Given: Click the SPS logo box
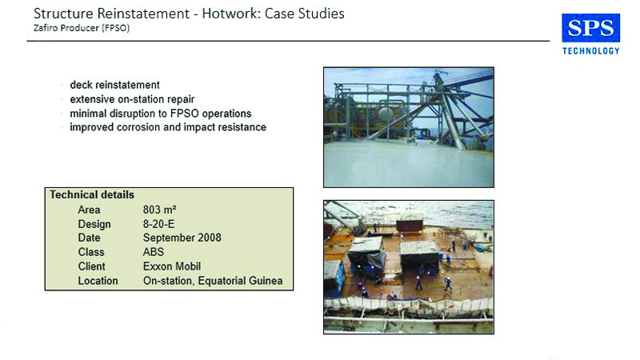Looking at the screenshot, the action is tap(590, 28).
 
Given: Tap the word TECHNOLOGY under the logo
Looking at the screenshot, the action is tap(590, 51).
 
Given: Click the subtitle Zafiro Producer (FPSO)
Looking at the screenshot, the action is tap(82, 28).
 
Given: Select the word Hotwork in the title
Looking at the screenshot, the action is tap(230, 14).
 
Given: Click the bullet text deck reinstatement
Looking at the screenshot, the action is tap(114, 85).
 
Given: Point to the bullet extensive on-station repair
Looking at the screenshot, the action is tap(132, 99).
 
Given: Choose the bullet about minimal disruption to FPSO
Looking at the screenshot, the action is tap(161, 114).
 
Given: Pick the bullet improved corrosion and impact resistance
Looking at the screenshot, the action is tap(168, 127).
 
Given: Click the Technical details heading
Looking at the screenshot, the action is tap(92, 194).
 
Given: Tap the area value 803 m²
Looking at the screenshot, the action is tap(159, 210).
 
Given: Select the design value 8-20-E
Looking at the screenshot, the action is tap(158, 224).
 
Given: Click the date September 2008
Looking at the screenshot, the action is tap(182, 238).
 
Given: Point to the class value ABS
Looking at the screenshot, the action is tap(154, 252).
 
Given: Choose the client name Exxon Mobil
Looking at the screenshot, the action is tap(172, 266).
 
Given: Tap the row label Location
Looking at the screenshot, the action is tap(98, 281).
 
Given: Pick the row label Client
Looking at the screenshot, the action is tap(91, 266).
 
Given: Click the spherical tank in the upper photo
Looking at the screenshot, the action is tap(386, 114).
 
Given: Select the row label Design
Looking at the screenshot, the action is tap(94, 225).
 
